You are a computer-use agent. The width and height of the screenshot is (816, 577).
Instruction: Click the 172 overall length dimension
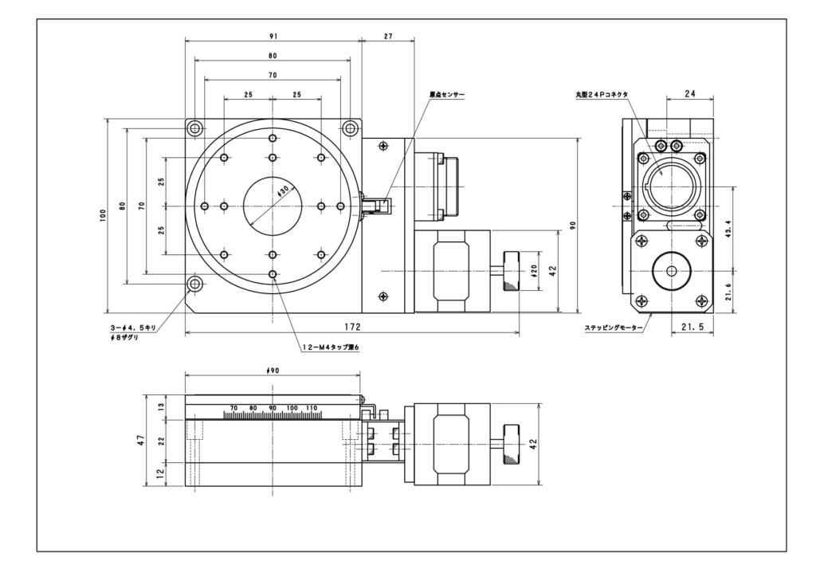(x=352, y=327)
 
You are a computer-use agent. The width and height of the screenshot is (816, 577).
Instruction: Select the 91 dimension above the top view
(x=273, y=37)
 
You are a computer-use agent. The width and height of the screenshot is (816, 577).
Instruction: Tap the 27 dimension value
(x=387, y=37)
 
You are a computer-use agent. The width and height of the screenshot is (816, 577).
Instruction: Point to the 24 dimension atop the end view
(x=690, y=94)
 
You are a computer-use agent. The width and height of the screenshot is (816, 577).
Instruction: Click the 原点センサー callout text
(x=446, y=94)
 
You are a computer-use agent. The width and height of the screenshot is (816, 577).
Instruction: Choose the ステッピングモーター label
(x=613, y=328)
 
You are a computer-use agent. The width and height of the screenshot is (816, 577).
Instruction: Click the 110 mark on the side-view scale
(x=312, y=408)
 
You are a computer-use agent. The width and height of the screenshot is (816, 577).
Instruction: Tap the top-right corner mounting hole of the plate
(x=350, y=128)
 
